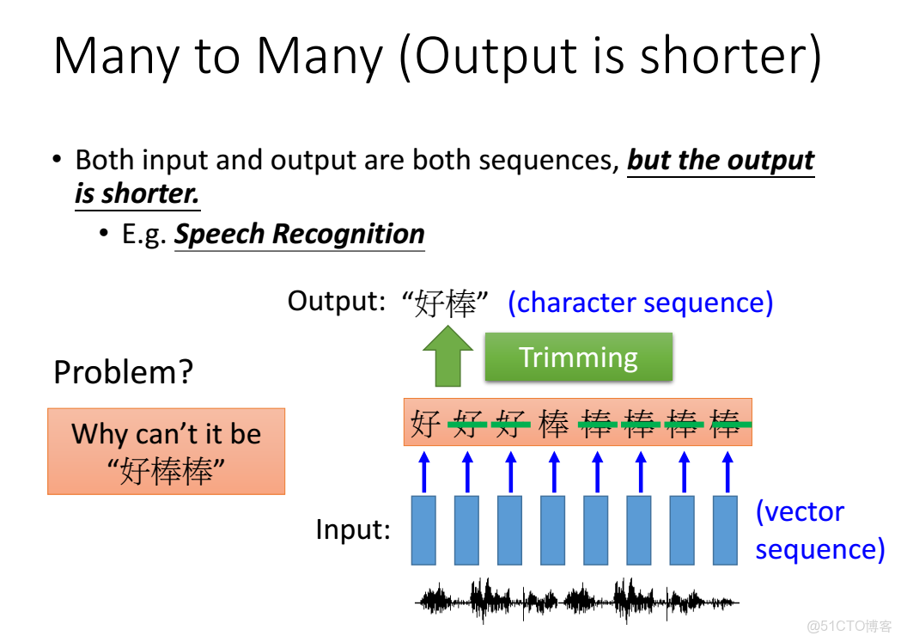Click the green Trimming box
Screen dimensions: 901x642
click(x=579, y=357)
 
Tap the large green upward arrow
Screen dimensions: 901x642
click(x=447, y=357)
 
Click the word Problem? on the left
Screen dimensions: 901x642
click(x=123, y=372)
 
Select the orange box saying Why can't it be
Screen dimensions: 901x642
click(x=166, y=451)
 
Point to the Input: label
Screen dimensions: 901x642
click(x=353, y=529)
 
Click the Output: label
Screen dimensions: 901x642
click(x=336, y=301)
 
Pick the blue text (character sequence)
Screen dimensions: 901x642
click(x=640, y=303)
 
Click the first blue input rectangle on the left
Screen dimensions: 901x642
click(x=423, y=530)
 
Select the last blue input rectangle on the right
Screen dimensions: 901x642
click(x=725, y=530)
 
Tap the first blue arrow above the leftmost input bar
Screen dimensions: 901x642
click(x=424, y=472)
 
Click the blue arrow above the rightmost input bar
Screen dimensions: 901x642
click(x=727, y=472)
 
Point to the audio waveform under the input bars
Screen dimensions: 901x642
click(x=577, y=602)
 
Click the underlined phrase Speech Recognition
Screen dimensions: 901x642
click(x=300, y=234)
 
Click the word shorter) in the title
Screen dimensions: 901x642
click(x=731, y=55)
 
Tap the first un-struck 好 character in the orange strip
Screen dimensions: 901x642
click(x=426, y=425)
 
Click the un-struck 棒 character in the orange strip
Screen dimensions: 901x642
click(x=553, y=425)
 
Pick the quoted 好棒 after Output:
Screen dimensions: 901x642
click(x=445, y=303)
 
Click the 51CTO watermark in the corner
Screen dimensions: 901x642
click(x=849, y=626)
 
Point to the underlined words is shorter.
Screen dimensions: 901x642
click(x=137, y=193)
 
